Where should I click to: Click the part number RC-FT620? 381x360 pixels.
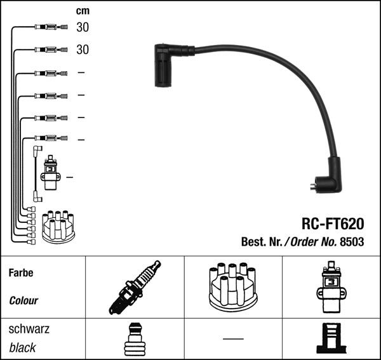(x=332, y=223)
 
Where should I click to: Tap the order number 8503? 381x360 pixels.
(x=352, y=242)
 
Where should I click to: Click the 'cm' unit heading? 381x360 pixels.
(x=83, y=11)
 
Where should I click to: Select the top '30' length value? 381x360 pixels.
(x=83, y=27)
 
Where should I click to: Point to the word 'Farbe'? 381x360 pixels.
(x=21, y=274)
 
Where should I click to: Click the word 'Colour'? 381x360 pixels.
(x=23, y=300)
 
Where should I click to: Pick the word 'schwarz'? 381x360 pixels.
(x=29, y=330)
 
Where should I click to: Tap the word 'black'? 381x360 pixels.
(x=23, y=347)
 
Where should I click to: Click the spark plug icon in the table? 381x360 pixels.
(x=135, y=288)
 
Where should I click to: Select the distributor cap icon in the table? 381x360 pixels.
(x=233, y=287)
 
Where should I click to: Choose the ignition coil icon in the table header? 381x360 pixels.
(x=331, y=287)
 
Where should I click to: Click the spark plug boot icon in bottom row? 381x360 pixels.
(x=134, y=339)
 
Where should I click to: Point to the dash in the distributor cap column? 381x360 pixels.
(x=233, y=338)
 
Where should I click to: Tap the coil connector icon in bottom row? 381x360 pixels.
(x=331, y=339)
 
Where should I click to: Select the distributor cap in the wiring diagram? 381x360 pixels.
(x=58, y=227)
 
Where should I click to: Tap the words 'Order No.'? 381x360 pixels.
(x=314, y=242)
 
